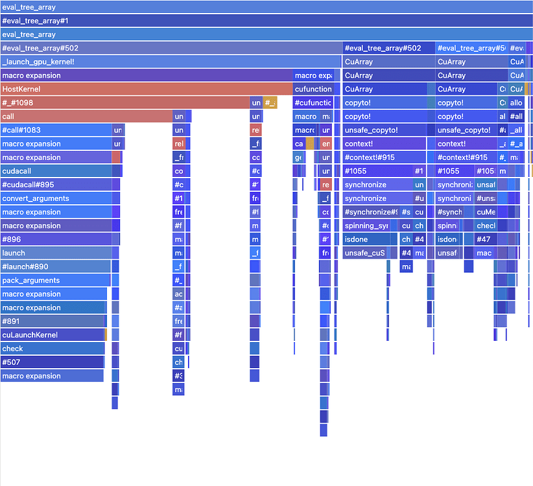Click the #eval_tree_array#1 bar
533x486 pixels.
click(x=266, y=21)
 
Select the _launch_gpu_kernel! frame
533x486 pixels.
click(x=171, y=62)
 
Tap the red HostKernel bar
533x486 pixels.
click(x=147, y=89)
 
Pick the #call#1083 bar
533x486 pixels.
click(x=56, y=130)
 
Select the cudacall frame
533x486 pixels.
click(x=56, y=171)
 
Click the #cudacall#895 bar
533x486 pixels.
click(x=56, y=185)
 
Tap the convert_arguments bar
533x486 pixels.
click(x=56, y=198)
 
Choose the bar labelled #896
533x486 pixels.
click(x=56, y=239)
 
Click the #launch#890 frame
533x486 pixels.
click(x=56, y=266)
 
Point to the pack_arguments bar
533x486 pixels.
click(x=56, y=280)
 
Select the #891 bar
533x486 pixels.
click(x=53, y=321)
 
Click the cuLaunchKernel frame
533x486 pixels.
click(x=53, y=334)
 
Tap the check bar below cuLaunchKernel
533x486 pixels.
click(x=53, y=348)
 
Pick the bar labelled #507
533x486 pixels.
click(x=52, y=362)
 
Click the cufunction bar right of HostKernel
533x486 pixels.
click(x=313, y=89)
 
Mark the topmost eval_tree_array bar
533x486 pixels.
click(x=266, y=7)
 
